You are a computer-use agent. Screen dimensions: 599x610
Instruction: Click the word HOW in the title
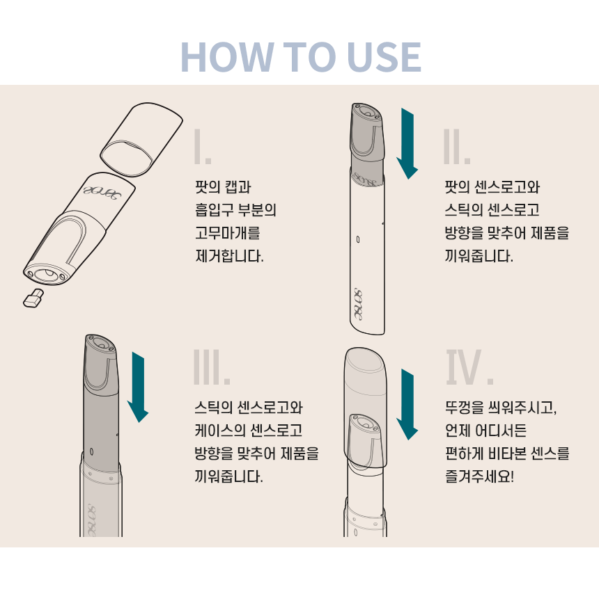(227, 57)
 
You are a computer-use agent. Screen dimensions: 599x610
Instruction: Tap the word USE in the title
(384, 57)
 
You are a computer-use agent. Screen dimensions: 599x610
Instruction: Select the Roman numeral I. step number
(203, 147)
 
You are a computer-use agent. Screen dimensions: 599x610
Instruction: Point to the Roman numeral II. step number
(456, 147)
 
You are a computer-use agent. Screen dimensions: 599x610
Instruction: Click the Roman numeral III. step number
(212, 367)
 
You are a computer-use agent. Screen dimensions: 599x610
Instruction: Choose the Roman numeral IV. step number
(469, 367)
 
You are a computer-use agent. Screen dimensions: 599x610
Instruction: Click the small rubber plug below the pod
(33, 298)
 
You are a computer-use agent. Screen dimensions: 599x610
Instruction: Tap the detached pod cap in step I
(141, 139)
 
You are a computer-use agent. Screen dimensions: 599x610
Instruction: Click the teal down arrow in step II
(407, 144)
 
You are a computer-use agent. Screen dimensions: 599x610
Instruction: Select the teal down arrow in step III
(138, 387)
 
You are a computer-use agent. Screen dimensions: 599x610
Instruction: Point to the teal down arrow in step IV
(407, 405)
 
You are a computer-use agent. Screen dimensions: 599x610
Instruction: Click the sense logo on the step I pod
(102, 193)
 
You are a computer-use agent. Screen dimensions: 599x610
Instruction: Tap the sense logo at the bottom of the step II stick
(358, 305)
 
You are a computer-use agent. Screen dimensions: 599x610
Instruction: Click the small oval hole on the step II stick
(358, 240)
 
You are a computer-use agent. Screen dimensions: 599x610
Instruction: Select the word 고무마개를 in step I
(228, 233)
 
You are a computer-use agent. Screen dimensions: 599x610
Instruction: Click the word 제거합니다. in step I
(229, 256)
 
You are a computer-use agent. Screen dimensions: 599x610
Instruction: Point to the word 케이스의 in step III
(220, 431)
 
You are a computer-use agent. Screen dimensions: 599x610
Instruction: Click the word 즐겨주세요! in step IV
(479, 476)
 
